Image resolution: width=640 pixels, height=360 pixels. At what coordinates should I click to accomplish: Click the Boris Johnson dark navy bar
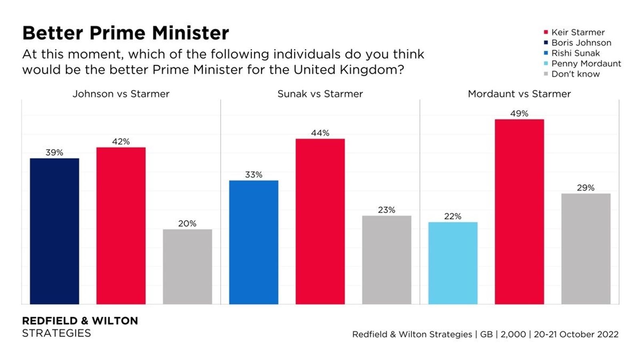coord(54,231)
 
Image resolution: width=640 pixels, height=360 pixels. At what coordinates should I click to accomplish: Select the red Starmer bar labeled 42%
coord(121,226)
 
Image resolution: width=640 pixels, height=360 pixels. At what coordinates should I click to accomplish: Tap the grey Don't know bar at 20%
coord(187,266)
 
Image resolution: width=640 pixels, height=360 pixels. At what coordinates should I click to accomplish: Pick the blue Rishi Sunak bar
coord(254,242)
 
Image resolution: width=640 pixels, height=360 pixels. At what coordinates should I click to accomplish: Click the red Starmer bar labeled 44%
coord(320,221)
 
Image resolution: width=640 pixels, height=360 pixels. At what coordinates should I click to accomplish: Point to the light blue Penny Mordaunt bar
coord(453,263)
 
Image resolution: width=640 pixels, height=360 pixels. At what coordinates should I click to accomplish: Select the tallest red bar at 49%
coord(519,212)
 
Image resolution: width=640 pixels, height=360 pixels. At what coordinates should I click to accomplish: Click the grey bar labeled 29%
coord(586,249)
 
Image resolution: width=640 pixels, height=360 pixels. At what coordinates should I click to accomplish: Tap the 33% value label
coord(254,175)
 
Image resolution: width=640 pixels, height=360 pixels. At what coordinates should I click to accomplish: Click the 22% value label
coord(453,216)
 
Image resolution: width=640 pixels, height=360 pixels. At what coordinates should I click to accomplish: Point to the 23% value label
coord(386,210)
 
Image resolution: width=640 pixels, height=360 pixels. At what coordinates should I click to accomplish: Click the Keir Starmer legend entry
coord(578,32)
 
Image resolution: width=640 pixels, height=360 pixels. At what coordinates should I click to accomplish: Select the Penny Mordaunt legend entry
coord(586,64)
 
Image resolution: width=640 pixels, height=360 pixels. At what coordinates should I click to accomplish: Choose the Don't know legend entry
coord(575,74)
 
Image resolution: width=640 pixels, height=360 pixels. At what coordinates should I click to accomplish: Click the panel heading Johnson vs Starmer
coord(121,94)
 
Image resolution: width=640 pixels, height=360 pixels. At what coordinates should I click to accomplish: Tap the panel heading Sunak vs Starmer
coord(320,94)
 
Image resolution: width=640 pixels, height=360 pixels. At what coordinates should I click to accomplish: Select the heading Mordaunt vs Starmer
coord(519,94)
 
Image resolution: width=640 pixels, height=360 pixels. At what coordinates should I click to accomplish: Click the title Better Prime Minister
coord(126,33)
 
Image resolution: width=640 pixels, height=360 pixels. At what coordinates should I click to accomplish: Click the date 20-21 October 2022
coord(576,334)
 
